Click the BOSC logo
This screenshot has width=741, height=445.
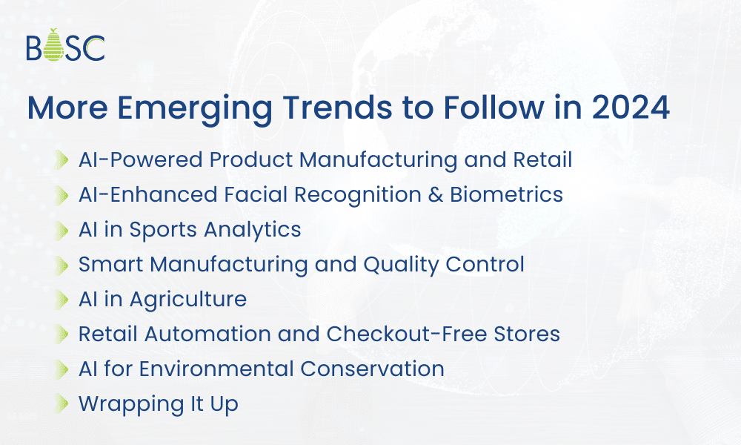[65, 45]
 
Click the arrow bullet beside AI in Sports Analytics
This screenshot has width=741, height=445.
[62, 230]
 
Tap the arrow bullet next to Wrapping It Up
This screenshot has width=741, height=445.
[62, 404]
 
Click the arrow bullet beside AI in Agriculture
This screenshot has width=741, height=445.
[62, 300]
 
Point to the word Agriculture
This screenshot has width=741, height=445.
[188, 300]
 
